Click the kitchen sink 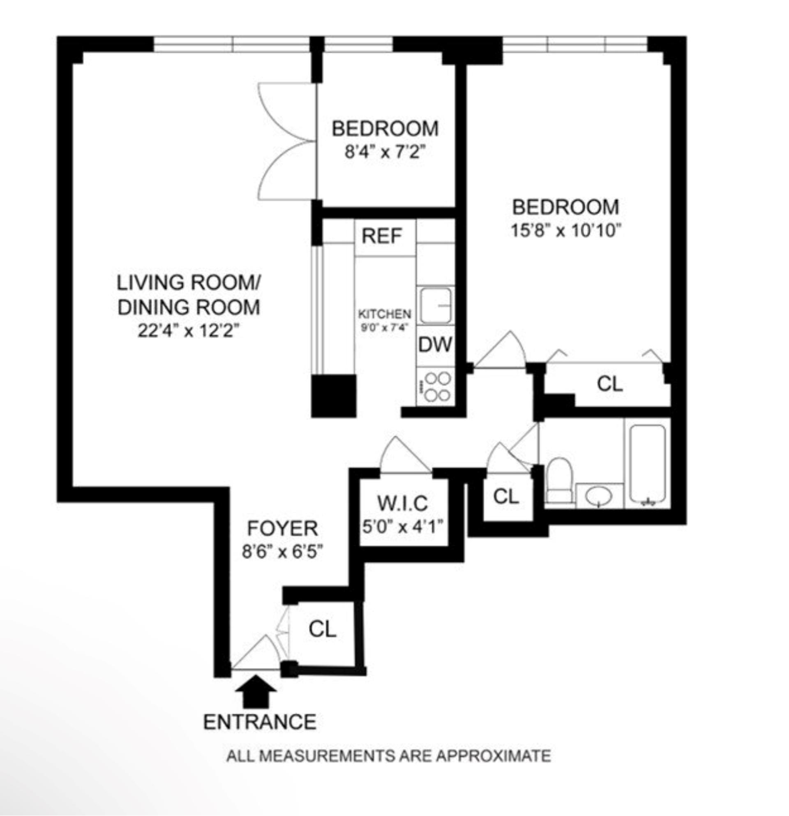(x=435, y=305)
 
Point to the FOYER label (x=283, y=529)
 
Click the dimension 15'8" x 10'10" (x=565, y=230)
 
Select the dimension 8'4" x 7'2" (x=385, y=152)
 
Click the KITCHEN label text (x=385, y=314)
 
